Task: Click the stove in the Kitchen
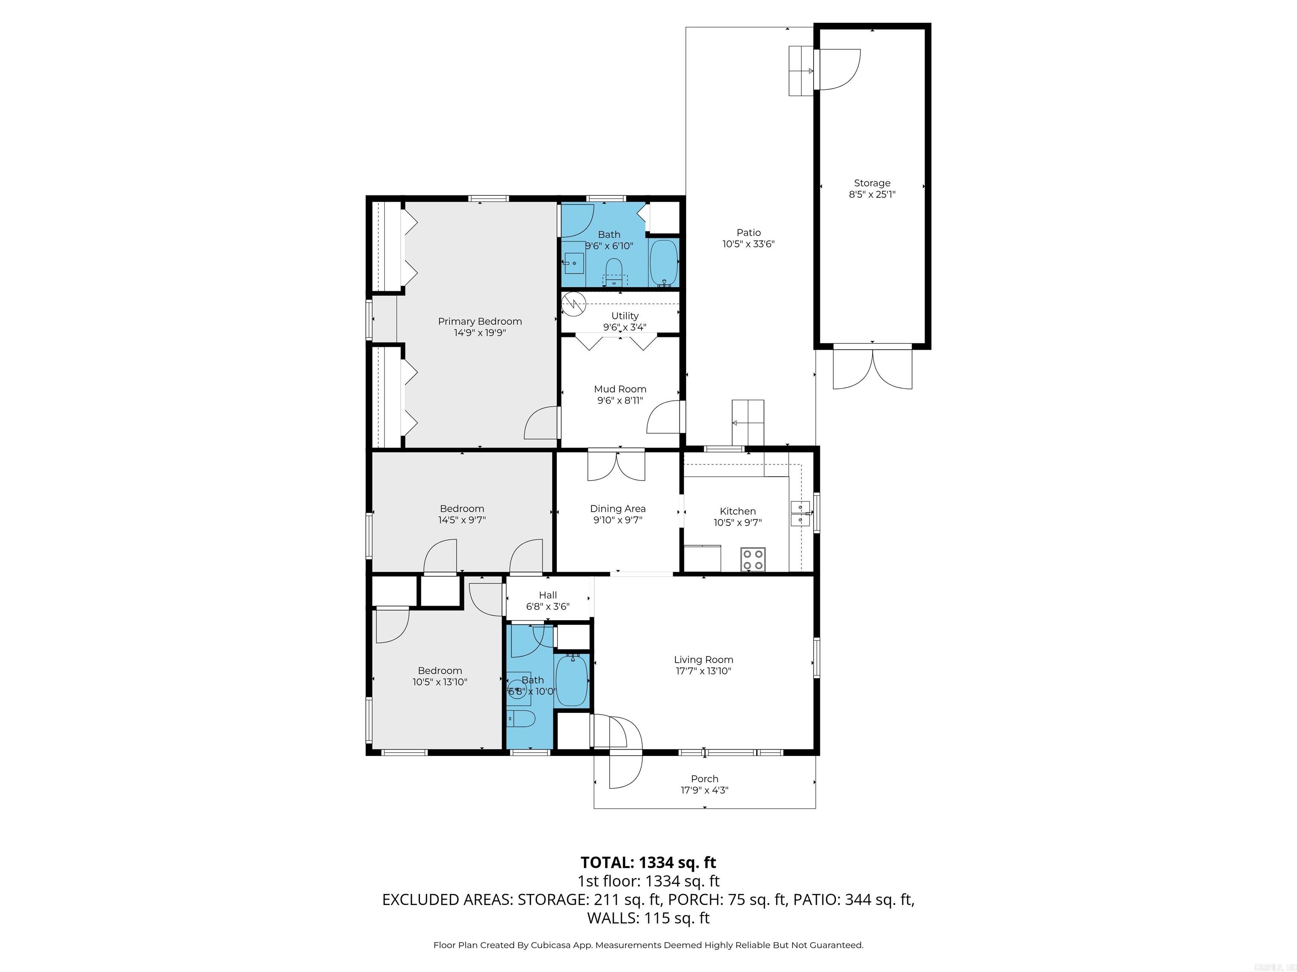753,559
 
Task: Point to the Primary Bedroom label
480,321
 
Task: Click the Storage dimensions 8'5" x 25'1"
872,194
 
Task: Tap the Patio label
749,232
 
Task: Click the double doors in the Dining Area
616,466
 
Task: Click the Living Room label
703,660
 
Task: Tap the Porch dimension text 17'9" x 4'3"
704,790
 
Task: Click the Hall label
548,595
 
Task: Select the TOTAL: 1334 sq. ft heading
648,862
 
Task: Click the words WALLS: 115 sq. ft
648,918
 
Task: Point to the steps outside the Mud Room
748,422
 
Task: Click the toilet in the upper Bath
614,273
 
